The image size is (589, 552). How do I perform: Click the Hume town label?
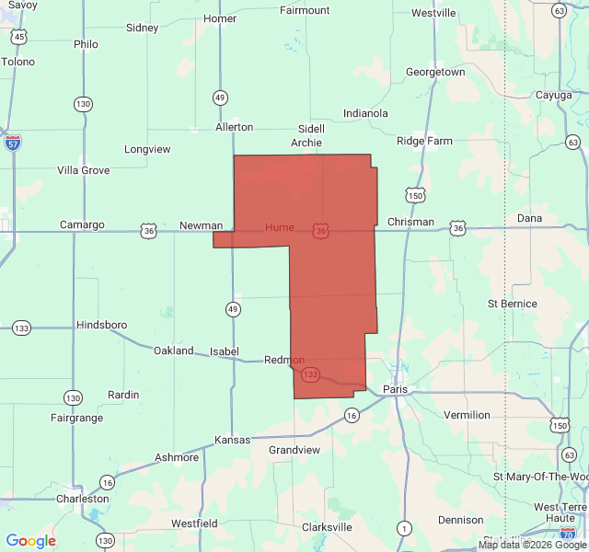(x=279, y=227)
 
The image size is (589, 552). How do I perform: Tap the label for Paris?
(x=397, y=389)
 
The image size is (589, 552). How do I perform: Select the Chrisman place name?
(x=410, y=222)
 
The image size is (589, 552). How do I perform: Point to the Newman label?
(x=201, y=225)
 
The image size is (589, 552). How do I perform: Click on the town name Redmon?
(x=283, y=360)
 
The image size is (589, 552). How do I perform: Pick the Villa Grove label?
(x=83, y=170)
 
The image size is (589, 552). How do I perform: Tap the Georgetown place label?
(x=435, y=72)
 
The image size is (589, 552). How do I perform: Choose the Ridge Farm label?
(x=424, y=141)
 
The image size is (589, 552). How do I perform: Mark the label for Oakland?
(x=173, y=351)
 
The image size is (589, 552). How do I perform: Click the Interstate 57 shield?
(x=13, y=143)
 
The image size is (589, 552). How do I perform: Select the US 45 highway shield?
(x=19, y=37)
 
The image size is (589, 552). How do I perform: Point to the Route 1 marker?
(x=403, y=527)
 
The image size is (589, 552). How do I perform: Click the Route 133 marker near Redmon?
(x=310, y=374)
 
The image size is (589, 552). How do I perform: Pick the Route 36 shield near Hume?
(x=319, y=231)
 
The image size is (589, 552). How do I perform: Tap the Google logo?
(x=30, y=541)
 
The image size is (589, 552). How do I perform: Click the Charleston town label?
(x=82, y=499)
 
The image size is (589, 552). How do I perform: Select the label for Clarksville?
(x=327, y=527)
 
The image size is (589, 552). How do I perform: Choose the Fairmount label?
(x=305, y=10)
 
